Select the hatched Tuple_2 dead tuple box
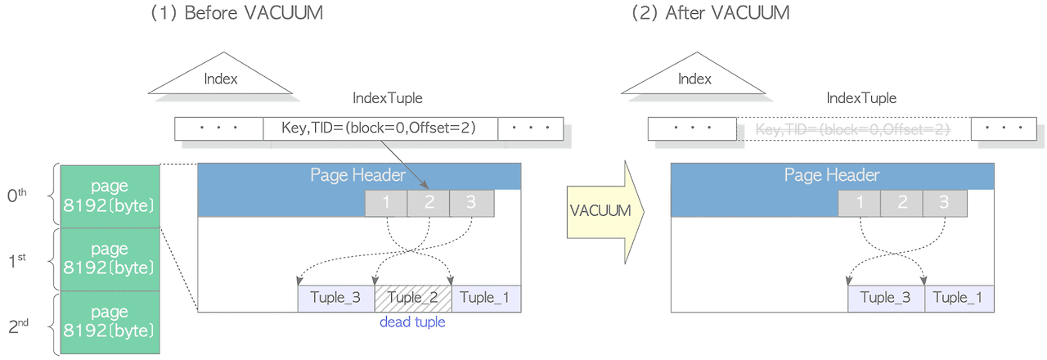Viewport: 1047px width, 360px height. click(412, 298)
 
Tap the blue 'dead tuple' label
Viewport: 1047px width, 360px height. click(412, 322)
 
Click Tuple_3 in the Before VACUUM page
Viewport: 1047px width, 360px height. click(335, 298)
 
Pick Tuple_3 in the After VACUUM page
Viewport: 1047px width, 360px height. click(886, 298)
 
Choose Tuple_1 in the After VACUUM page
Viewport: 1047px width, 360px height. click(959, 298)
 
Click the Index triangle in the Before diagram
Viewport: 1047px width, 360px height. click(221, 80)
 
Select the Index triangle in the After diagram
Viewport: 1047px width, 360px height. click(694, 80)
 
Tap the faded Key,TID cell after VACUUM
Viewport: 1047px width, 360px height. click(853, 129)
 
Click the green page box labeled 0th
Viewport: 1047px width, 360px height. click(110, 196)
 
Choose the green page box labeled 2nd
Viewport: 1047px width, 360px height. click(110, 323)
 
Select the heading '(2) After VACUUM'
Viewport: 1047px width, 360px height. click(710, 13)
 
